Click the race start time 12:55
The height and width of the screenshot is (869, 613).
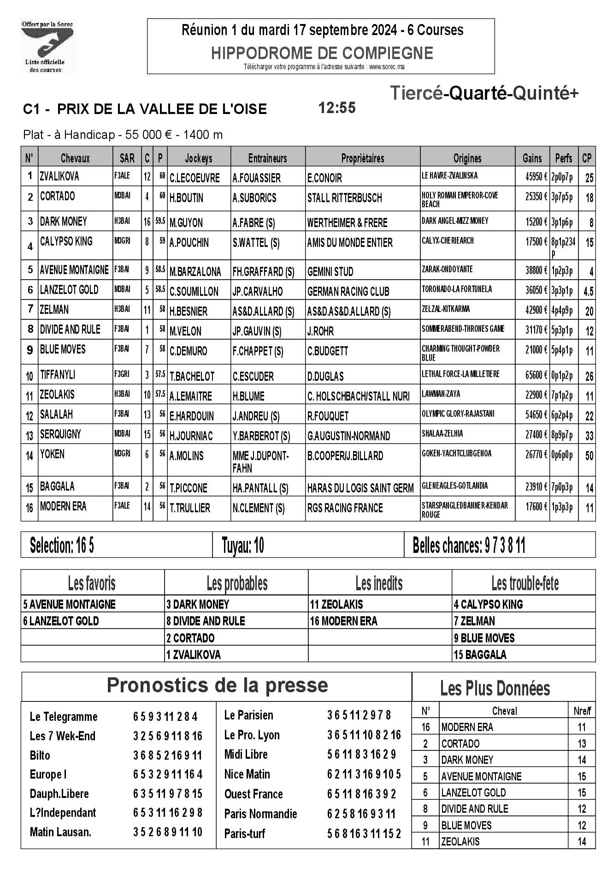click(x=337, y=108)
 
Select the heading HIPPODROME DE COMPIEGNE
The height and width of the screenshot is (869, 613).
click(x=322, y=53)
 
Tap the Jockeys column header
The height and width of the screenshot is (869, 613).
click(x=198, y=158)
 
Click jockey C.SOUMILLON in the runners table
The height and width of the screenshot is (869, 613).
click(x=194, y=292)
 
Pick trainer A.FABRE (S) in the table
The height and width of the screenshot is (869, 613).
click(x=253, y=223)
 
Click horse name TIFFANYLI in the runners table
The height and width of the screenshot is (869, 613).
click(x=58, y=375)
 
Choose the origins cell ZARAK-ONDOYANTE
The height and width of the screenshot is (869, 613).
click(x=447, y=269)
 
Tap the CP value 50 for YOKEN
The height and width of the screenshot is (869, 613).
click(x=589, y=456)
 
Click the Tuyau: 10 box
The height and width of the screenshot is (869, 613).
click(x=243, y=545)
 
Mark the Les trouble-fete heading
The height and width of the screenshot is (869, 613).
click(x=525, y=584)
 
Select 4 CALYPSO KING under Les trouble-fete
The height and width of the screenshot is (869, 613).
click(x=489, y=604)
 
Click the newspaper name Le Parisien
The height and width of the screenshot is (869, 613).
click(x=248, y=715)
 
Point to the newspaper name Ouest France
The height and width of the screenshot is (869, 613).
click(x=253, y=794)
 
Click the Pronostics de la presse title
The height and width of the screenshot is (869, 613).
click(x=217, y=686)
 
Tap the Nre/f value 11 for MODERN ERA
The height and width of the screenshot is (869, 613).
click(x=582, y=727)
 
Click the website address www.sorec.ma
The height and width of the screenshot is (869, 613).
click(x=387, y=67)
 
